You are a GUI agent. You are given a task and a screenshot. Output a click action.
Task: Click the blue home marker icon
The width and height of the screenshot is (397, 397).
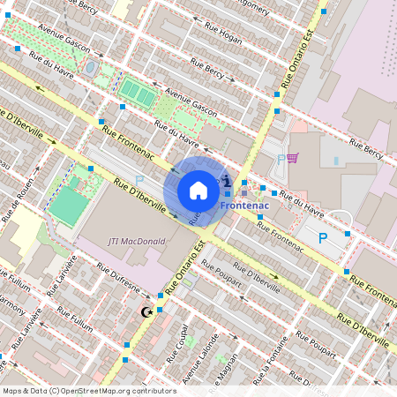click(198, 190)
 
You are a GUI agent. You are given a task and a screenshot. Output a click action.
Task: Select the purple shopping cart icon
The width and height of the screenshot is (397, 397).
click(292, 158)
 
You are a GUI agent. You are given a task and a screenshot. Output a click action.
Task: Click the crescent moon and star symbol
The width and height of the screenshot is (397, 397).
click(147, 311)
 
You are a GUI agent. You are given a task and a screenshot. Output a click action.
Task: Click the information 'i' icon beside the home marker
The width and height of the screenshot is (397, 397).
click(228, 181)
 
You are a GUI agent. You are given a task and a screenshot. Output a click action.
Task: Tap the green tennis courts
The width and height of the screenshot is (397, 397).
click(135, 90)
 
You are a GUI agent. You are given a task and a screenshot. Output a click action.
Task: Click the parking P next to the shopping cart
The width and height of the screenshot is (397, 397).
click(281, 160)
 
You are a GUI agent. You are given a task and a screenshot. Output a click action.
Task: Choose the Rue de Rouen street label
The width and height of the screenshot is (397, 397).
click(21, 209)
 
